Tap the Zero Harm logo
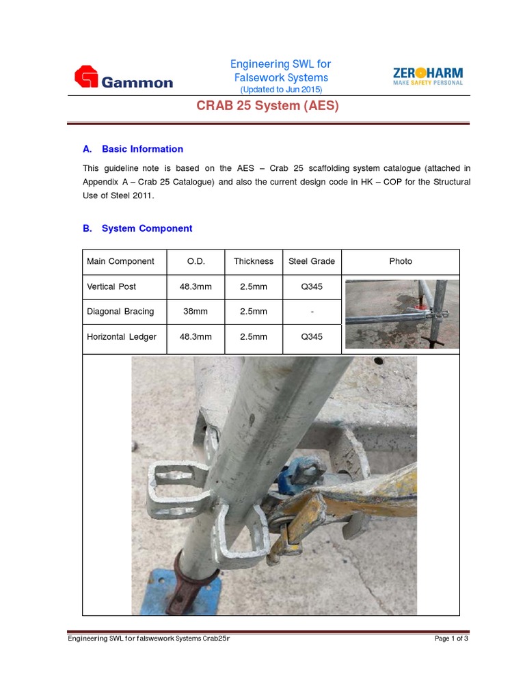[428, 76]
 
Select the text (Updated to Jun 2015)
[280, 90]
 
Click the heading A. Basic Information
[133, 149]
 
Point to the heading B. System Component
[137, 228]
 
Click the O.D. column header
[196, 261]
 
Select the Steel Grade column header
[312, 261]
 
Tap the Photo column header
[401, 261]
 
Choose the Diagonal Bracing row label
[120, 311]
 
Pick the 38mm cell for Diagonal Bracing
[196, 311]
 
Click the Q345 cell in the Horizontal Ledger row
[312, 336]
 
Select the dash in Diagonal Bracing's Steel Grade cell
[312, 311]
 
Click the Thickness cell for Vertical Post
[254, 286]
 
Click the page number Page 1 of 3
[451, 638]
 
